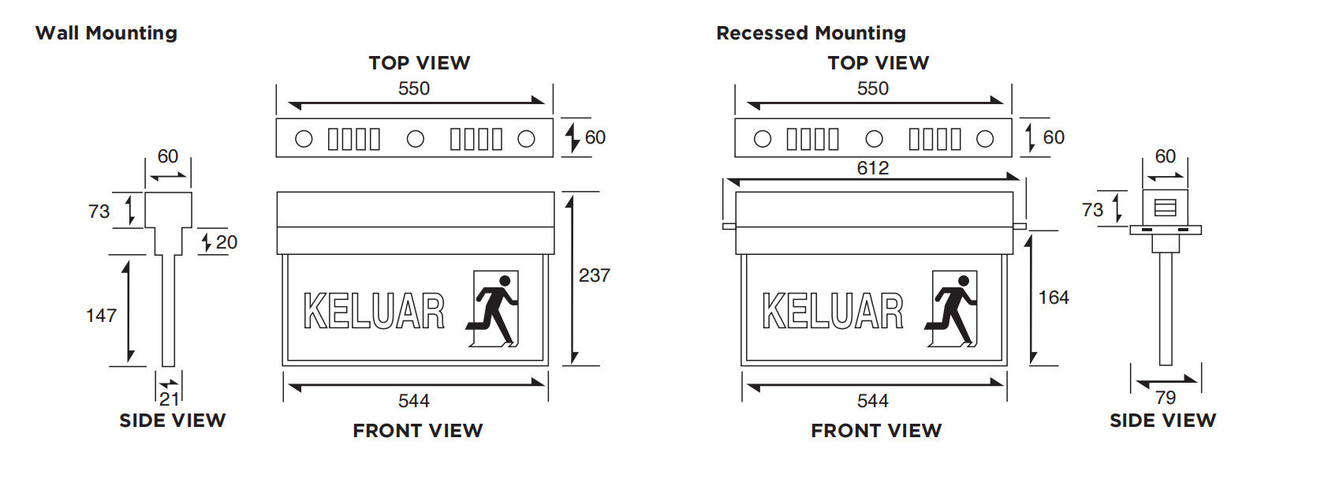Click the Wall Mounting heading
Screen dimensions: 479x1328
click(106, 33)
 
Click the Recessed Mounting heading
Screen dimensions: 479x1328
click(811, 33)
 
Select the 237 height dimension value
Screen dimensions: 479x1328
click(594, 275)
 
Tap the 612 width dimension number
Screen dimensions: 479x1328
click(872, 168)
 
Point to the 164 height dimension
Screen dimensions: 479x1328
click(1054, 298)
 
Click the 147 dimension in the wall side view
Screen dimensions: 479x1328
click(101, 316)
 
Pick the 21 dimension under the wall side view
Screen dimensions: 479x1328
click(169, 399)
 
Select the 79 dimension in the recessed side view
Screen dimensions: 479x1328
click(1165, 398)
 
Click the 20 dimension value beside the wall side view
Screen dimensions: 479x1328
click(226, 242)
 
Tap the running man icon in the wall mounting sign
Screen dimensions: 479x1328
click(495, 309)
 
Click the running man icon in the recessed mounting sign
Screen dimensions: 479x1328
click(953, 309)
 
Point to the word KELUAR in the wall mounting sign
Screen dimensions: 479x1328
click(374, 311)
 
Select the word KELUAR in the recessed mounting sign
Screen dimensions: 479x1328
click(833, 311)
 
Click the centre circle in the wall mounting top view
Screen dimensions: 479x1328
click(416, 139)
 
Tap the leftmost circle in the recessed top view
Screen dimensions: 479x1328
click(763, 139)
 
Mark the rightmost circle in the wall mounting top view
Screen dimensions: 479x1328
click(526, 139)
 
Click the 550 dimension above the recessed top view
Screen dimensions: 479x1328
click(872, 88)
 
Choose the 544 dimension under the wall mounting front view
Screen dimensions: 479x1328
click(413, 401)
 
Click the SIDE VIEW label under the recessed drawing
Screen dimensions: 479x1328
click(1162, 421)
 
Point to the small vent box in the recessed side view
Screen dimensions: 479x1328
click(1165, 208)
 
